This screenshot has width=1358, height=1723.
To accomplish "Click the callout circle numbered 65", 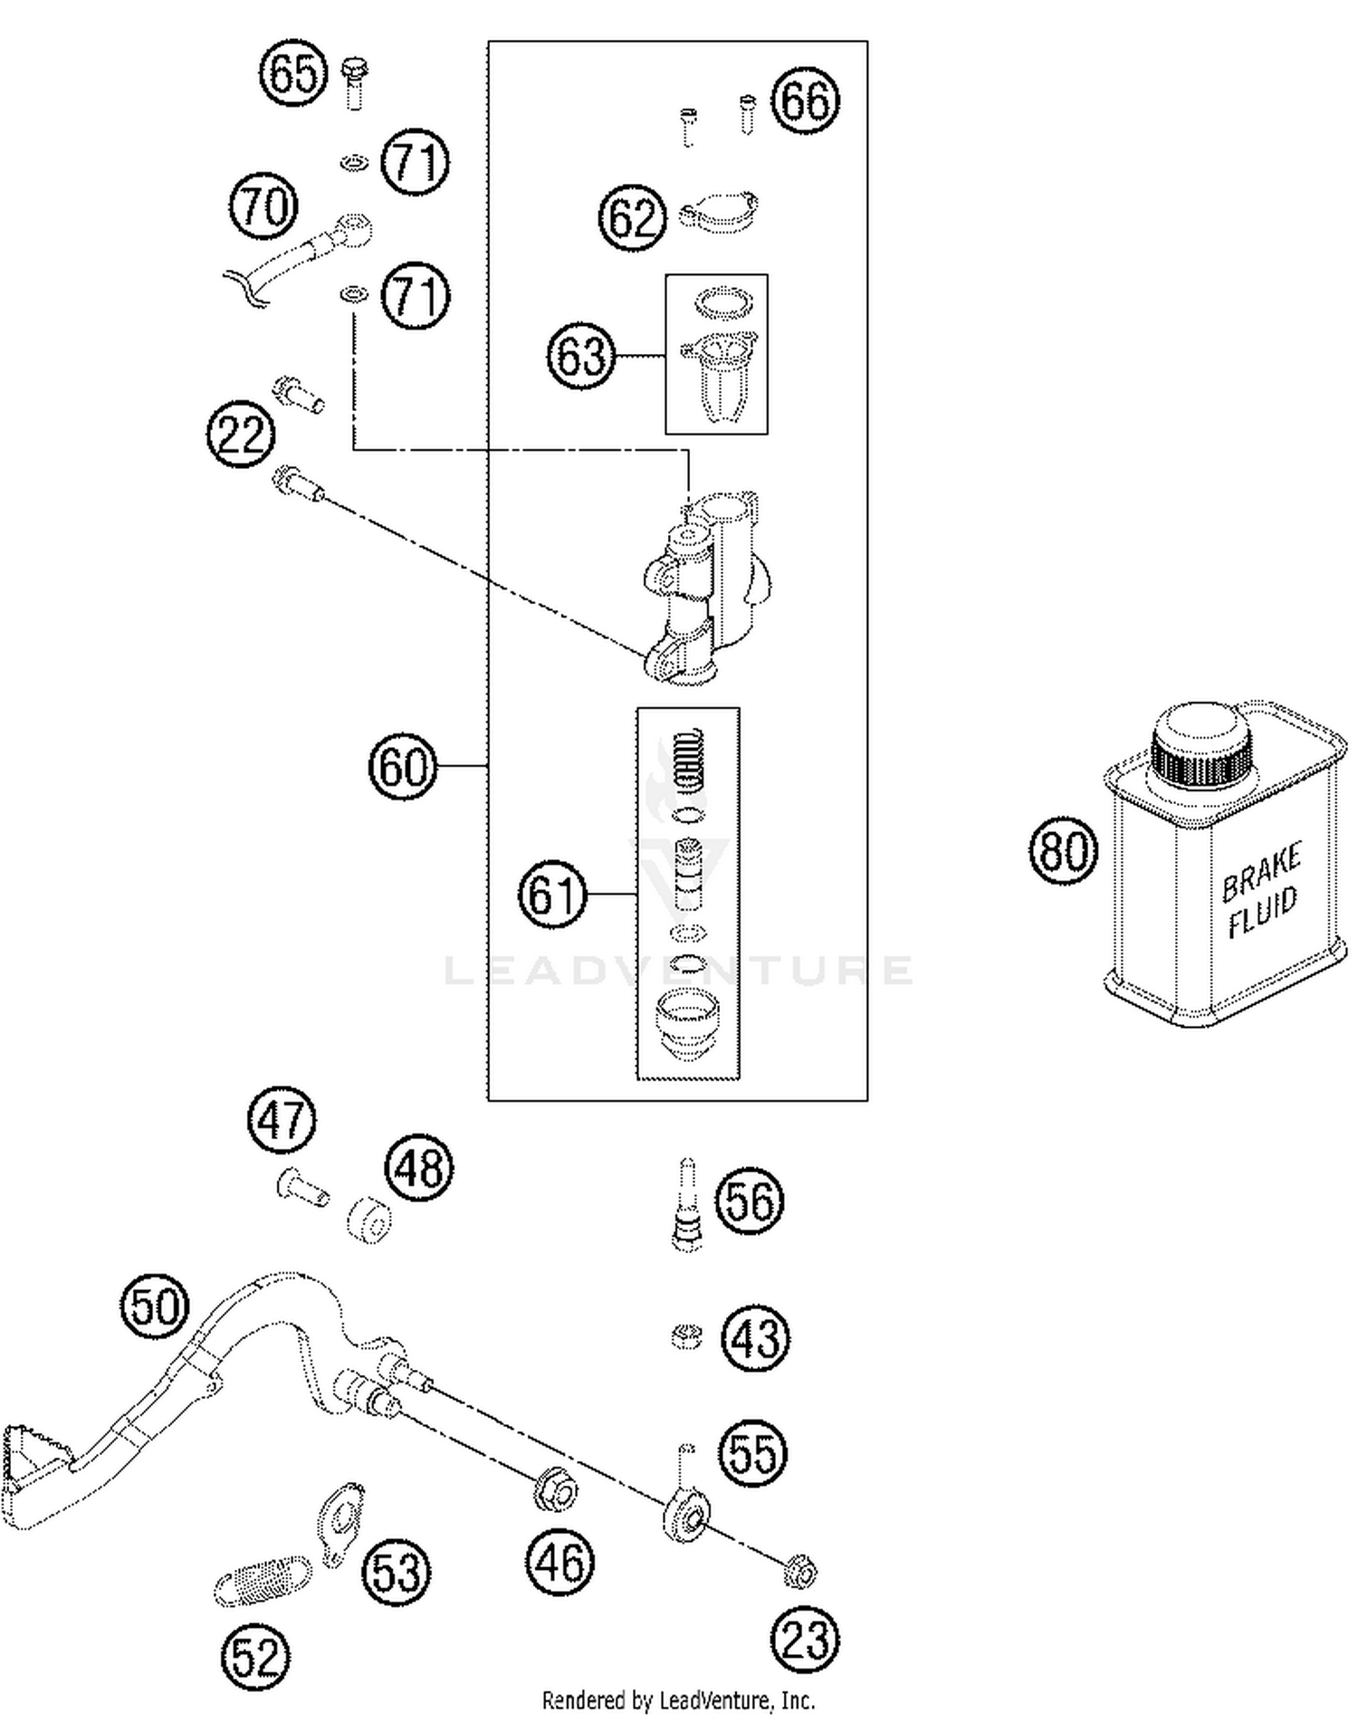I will (293, 73).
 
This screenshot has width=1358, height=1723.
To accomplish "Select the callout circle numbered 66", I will (805, 100).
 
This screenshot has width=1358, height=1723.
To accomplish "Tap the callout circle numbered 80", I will (1063, 851).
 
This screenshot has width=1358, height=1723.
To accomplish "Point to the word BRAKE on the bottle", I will (1261, 873).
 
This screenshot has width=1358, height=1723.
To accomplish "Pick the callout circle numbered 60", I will (403, 767).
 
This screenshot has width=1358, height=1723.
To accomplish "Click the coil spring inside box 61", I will (691, 759).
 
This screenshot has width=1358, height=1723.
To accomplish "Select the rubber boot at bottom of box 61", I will (687, 1022).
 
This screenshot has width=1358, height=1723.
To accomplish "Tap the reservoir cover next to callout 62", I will (720, 212).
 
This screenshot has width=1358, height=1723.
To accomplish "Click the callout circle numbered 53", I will (397, 1574).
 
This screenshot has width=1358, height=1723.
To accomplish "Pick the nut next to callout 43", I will (687, 1336).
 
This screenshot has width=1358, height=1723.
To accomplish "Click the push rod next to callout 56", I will (687, 1205).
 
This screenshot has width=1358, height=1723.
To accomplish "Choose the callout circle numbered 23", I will (805, 1641).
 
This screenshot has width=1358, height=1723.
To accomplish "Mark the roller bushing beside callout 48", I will (370, 1220).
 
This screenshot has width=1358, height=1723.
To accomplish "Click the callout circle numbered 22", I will (240, 436).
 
